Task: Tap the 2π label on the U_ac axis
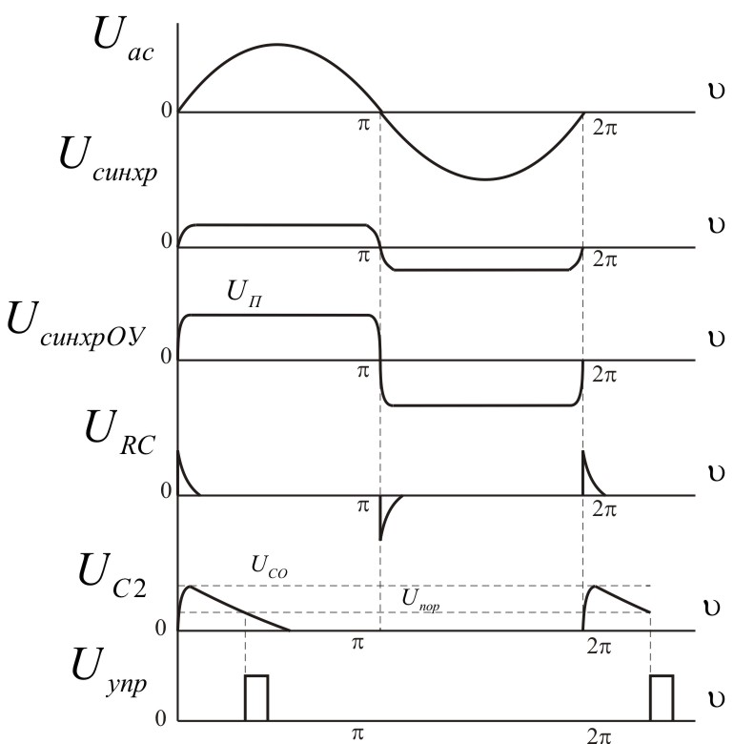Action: tap(604, 127)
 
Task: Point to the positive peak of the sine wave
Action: tap(277, 45)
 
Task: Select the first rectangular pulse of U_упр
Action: tap(256, 697)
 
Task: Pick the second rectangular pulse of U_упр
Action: tap(662, 697)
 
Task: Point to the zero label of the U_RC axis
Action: tap(166, 490)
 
